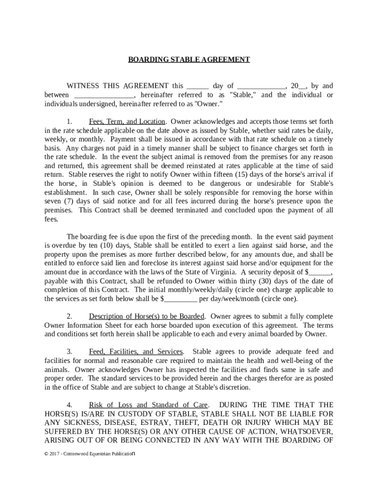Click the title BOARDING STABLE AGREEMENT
coord(189,59)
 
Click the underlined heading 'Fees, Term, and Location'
coord(127,121)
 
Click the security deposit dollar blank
coord(321,272)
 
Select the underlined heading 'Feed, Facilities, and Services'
coord(136,351)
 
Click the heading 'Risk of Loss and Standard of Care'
coord(148,405)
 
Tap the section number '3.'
coord(70,351)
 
